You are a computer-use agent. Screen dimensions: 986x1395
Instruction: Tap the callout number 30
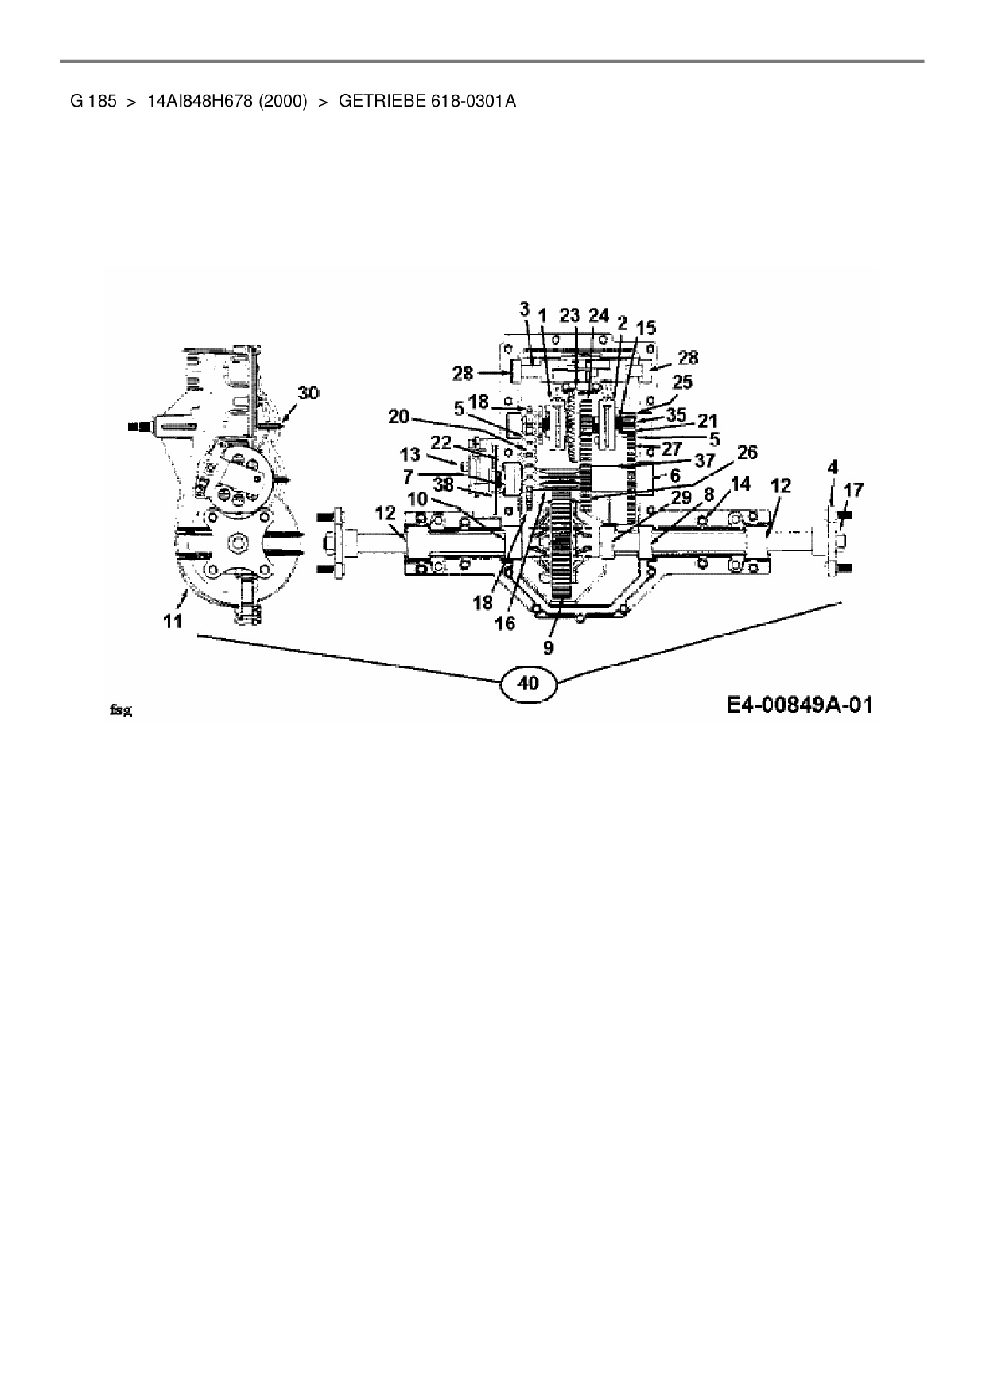click(309, 393)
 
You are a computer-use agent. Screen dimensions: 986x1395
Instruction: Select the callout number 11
click(173, 621)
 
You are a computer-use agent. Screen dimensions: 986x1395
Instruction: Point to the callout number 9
click(548, 647)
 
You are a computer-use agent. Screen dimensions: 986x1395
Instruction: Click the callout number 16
click(505, 623)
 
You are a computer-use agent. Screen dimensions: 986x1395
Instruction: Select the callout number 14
click(739, 484)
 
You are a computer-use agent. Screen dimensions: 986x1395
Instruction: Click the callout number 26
click(747, 453)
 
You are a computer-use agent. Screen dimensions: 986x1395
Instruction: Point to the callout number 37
click(705, 460)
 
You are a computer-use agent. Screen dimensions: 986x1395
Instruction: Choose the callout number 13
click(410, 455)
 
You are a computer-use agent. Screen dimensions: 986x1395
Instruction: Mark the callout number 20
click(399, 416)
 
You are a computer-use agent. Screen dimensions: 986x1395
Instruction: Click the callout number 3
click(525, 309)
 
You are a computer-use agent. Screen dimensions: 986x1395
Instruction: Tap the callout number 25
click(682, 382)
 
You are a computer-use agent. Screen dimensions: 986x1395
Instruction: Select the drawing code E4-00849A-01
click(798, 705)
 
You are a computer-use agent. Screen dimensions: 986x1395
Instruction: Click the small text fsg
click(120, 710)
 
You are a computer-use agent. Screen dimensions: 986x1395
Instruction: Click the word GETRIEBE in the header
click(383, 101)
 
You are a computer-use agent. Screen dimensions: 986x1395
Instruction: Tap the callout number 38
click(444, 483)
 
